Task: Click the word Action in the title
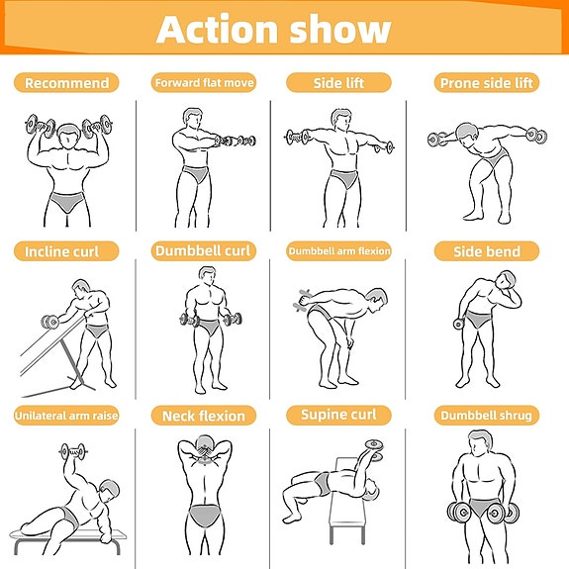[x=217, y=29]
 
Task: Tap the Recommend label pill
[x=66, y=83]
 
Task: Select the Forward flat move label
[x=204, y=83]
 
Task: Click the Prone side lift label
[x=487, y=83]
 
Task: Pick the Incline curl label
[x=66, y=251]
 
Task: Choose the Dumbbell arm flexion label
[x=339, y=250]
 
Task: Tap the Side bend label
[x=487, y=251]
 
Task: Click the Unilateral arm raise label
[x=66, y=416]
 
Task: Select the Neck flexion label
[x=204, y=416]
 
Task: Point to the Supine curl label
[x=339, y=415]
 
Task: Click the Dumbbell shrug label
[x=487, y=416]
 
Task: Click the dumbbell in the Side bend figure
[x=459, y=324]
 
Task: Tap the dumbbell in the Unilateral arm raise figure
[x=73, y=452]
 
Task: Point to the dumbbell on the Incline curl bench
[x=49, y=322]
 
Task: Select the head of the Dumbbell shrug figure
[x=480, y=443]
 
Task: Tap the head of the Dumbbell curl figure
[x=207, y=278]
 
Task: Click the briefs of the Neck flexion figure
[x=204, y=515]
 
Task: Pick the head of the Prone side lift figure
[x=467, y=135]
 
